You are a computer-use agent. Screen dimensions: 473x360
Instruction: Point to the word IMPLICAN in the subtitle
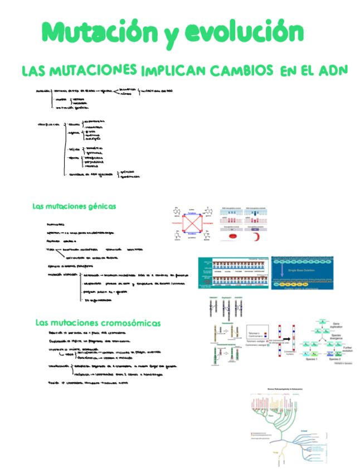(x=173, y=71)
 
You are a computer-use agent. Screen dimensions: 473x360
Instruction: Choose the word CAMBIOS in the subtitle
(x=241, y=71)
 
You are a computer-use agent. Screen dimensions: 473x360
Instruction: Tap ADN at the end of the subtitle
(x=333, y=71)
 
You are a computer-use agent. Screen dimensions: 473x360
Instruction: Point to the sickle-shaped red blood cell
(x=259, y=237)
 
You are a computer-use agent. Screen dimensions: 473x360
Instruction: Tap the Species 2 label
(x=335, y=360)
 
